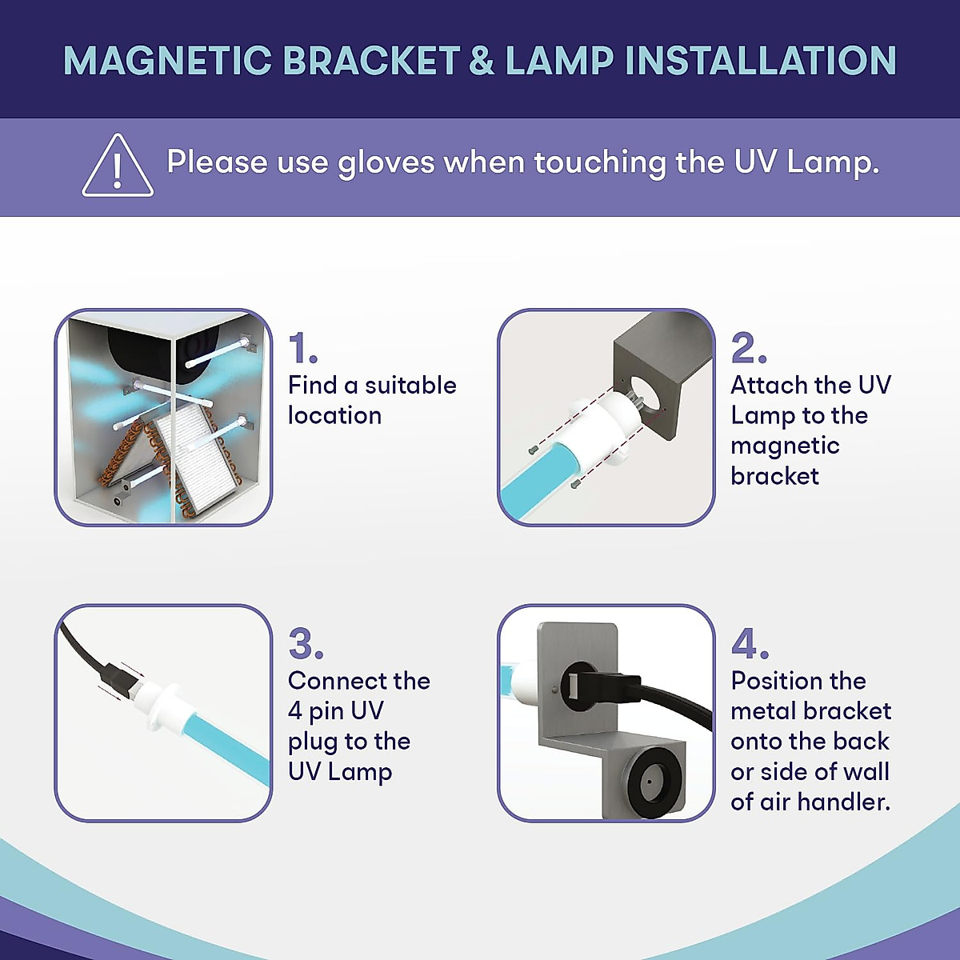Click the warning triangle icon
[x=118, y=166]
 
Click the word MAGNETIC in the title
[x=167, y=61]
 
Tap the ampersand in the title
[x=482, y=61]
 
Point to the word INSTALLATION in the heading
[x=760, y=61]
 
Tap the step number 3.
[x=306, y=644]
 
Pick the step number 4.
[x=750, y=644]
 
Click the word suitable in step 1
[x=410, y=386]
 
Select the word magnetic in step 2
[x=785, y=446]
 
